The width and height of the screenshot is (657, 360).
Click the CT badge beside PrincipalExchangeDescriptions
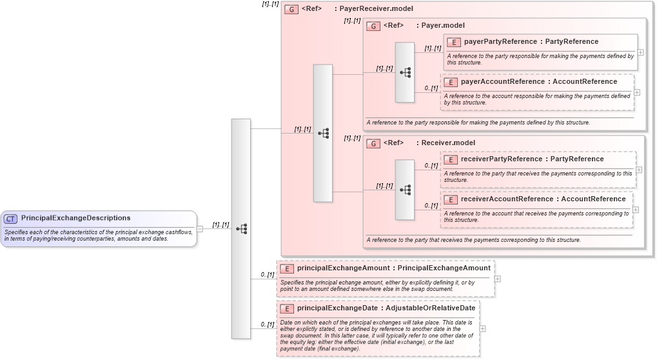pos(11,219)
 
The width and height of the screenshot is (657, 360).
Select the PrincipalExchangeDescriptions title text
pos(75,218)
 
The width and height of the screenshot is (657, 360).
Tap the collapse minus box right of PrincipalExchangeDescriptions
pos(200,228)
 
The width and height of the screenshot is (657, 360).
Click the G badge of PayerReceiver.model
pos(291,10)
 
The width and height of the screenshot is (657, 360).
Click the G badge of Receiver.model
pos(373,143)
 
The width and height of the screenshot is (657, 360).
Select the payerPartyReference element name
pos(500,42)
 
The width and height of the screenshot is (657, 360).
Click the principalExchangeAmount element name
pos(343,268)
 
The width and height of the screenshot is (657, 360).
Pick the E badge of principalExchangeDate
pos(287,308)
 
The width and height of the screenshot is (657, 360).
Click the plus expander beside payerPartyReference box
pos(640,52)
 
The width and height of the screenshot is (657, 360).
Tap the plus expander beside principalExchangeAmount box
pos(498,279)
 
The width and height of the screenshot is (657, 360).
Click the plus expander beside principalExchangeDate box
pos(483,328)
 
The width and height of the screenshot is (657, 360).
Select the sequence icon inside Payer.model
pos(405,72)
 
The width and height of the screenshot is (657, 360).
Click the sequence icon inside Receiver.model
pos(405,190)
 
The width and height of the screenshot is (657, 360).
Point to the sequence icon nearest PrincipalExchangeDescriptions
pos(241,228)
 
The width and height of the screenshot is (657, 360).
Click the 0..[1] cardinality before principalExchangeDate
pos(268,325)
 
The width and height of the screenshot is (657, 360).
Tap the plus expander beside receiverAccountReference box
pos(636,210)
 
